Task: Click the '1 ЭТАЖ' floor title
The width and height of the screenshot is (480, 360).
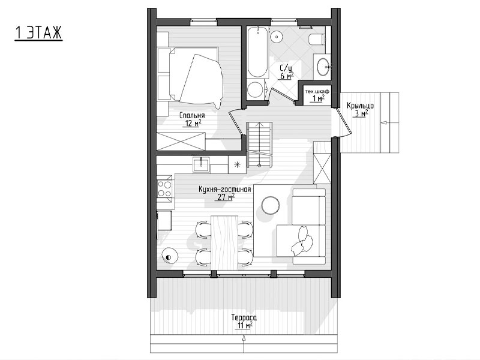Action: [38, 33]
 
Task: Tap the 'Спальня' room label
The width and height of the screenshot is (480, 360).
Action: [192, 115]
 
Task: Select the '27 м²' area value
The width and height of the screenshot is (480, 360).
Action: [226, 197]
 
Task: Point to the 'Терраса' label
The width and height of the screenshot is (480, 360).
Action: [244, 317]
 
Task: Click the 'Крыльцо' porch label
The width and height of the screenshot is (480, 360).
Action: [361, 106]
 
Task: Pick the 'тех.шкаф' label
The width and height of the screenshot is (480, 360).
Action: [317, 91]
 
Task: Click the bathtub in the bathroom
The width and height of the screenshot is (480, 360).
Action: [257, 52]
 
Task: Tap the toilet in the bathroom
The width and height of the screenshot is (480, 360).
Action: [317, 40]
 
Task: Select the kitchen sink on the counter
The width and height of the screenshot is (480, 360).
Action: [201, 164]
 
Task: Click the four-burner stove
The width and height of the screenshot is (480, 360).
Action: [164, 189]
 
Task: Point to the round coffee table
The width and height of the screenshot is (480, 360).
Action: [271, 205]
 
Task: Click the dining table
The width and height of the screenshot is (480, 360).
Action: [224, 243]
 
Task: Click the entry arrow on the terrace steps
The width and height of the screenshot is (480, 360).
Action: [244, 344]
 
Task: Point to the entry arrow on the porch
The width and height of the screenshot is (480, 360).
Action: [389, 122]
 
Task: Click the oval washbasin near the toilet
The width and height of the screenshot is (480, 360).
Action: [323, 65]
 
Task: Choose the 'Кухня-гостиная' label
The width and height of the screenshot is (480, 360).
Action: [224, 190]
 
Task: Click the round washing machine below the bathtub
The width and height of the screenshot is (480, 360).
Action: [254, 89]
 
